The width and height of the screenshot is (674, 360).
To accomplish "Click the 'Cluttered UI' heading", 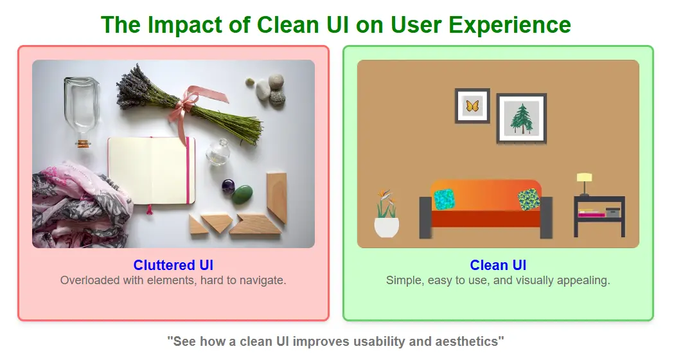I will (173, 265).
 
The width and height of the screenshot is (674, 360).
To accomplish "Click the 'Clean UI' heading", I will (498, 265).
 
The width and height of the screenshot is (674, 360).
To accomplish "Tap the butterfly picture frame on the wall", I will (472, 106).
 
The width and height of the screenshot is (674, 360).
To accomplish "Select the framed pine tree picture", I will (521, 118).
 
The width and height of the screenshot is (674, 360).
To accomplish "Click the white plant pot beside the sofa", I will (386, 227).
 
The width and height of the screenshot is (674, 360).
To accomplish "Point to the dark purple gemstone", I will (228, 186).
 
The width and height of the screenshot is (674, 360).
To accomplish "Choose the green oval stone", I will (242, 194).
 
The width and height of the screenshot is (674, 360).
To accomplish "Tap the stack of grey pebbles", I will (270, 90).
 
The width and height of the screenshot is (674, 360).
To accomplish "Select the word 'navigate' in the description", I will (261, 280).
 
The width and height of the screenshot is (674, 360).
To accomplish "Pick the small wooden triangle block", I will (197, 226).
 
